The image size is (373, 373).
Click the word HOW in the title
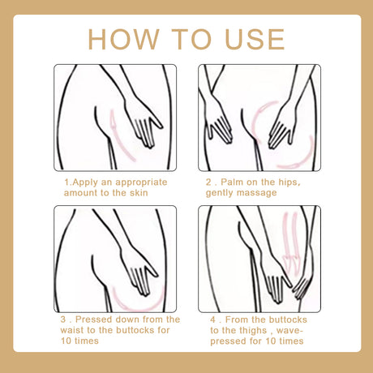(124, 38)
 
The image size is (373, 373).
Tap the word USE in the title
(251, 38)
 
